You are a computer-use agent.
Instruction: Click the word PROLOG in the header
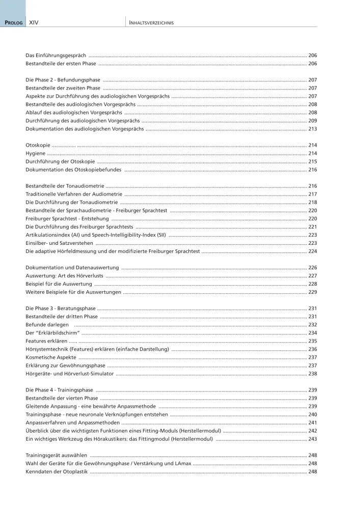[13, 23]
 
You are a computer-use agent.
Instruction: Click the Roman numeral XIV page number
[35, 23]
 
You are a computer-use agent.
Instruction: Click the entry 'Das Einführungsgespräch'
[56, 55]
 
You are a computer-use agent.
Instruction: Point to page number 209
[313, 121]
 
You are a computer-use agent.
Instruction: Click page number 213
[313, 129]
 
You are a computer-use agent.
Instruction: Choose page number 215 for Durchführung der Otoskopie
[313, 161]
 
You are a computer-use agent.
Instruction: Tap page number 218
[313, 202]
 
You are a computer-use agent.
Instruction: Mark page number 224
[313, 251]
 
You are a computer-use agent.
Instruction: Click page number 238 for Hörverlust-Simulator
[313, 373]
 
